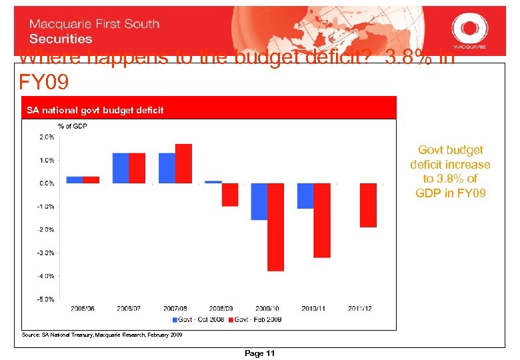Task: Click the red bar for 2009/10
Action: pyautogui.click(x=275, y=227)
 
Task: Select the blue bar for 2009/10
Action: pyautogui.click(x=259, y=201)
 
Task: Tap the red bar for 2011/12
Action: pyautogui.click(x=368, y=205)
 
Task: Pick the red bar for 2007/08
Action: pyautogui.click(x=183, y=163)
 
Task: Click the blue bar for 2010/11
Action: pyautogui.click(x=305, y=195)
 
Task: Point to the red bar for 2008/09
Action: pyautogui.click(x=230, y=195)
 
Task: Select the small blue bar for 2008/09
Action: pyautogui.click(x=213, y=181)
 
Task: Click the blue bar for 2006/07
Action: pyautogui.click(x=121, y=168)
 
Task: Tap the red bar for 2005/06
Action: pyautogui.click(x=91, y=179)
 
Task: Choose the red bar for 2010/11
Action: pyautogui.click(x=322, y=220)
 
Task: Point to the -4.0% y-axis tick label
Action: pyautogui.click(x=45, y=275)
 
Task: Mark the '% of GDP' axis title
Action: pyautogui.click(x=73, y=126)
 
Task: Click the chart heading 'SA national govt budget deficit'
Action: pyautogui.click(x=94, y=110)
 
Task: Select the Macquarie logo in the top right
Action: pyautogui.click(x=470, y=29)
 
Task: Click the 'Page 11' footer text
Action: pyautogui.click(x=260, y=353)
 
